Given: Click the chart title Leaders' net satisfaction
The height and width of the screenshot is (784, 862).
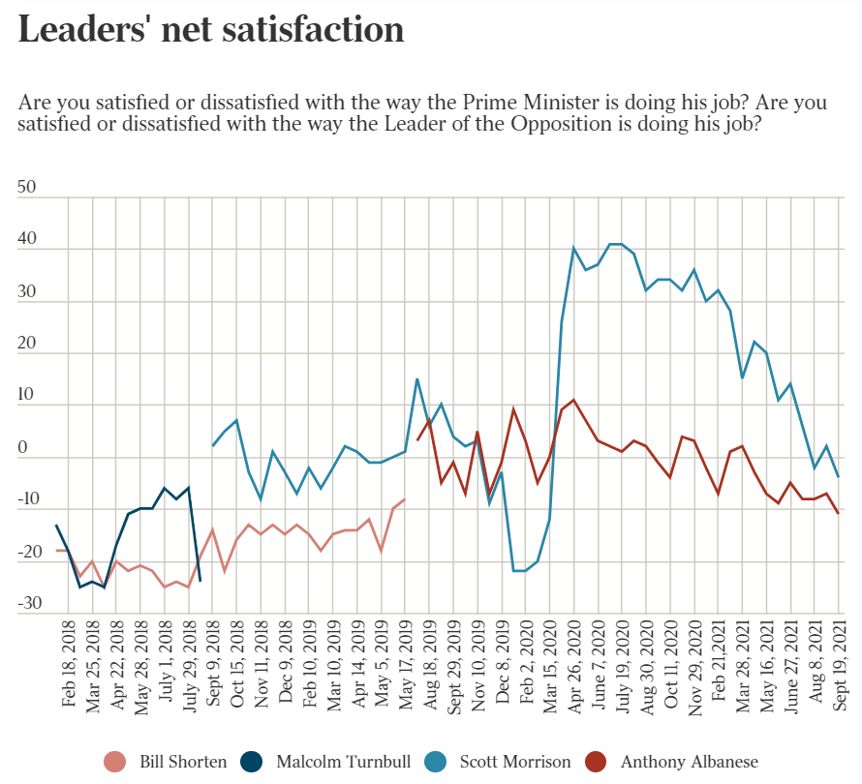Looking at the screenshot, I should point(211,30).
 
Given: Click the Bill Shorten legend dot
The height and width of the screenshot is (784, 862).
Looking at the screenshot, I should point(114,762).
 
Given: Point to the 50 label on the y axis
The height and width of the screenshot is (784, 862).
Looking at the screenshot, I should point(26,188).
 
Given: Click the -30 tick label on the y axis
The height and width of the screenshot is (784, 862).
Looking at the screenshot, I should point(29,603).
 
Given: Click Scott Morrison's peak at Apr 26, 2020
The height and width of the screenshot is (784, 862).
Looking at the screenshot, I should point(574,248).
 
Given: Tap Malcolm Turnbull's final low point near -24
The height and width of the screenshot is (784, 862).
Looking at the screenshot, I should point(200,581).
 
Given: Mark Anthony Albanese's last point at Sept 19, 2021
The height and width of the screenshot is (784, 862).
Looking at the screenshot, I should point(839,513).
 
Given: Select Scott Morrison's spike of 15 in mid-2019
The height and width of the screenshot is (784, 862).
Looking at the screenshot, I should point(417,378).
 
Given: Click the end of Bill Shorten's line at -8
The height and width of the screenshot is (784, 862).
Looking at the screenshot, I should point(405,499).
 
